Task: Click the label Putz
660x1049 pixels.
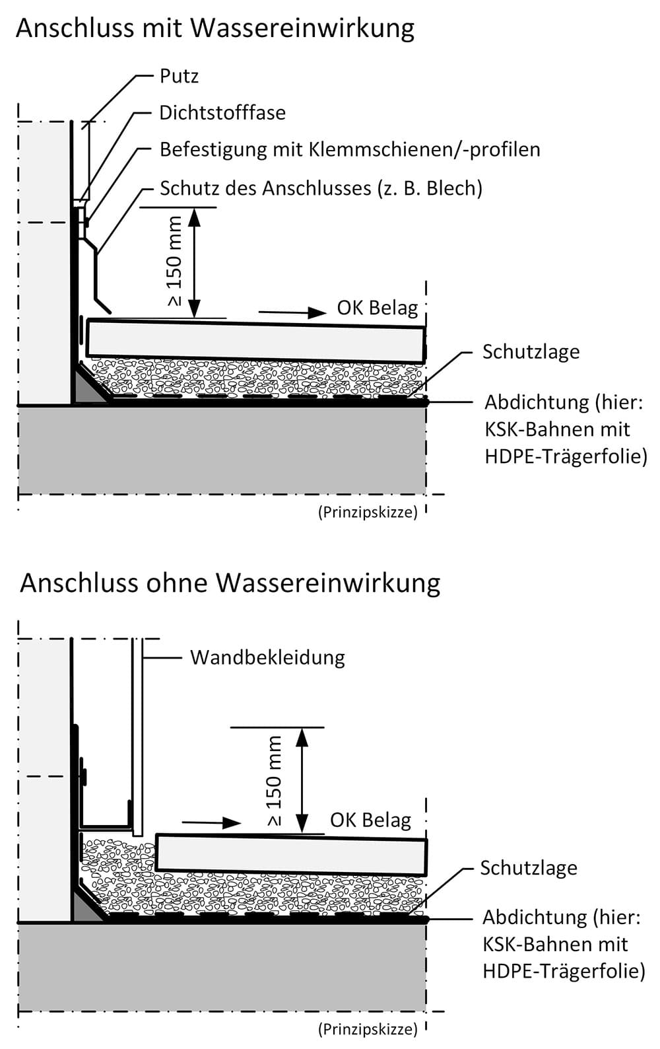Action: [x=179, y=76]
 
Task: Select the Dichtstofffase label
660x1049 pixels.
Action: [x=222, y=113]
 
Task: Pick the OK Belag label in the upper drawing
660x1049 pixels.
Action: [x=378, y=308]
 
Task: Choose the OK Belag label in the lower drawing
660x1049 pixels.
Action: [x=370, y=820]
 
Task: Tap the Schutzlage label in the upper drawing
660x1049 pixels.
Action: [x=531, y=351]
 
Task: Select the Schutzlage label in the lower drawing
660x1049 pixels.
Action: [x=529, y=868]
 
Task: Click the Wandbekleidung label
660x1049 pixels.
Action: [x=267, y=657]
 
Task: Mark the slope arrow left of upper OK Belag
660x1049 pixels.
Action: [x=292, y=312]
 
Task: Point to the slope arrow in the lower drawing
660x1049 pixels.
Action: [x=211, y=822]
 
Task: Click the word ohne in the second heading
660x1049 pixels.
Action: [x=178, y=583]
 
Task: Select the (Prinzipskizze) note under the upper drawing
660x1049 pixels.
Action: [x=368, y=513]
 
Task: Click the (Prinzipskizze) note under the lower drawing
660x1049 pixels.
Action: [x=368, y=1029]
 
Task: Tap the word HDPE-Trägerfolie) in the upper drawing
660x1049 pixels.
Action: [x=566, y=456]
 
